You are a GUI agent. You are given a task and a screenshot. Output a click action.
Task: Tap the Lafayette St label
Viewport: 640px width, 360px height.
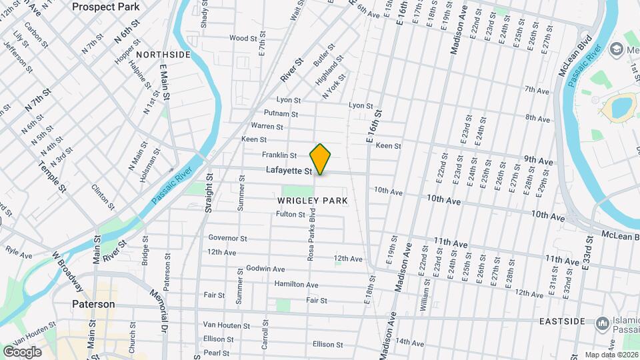[289, 171]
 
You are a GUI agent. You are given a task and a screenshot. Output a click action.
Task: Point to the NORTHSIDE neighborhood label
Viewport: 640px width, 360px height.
[163, 54]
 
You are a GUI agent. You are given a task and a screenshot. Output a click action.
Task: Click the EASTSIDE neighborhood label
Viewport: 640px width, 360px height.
[561, 321]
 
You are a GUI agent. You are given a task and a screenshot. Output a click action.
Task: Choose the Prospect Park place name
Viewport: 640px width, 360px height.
[106, 7]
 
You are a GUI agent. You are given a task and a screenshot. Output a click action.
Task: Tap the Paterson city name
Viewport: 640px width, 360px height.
[93, 304]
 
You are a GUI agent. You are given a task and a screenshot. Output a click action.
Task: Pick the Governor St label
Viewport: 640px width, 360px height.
[227, 238]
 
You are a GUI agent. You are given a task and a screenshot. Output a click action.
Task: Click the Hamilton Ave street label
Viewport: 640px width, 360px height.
[296, 285]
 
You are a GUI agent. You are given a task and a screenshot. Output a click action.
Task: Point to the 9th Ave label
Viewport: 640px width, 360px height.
[539, 161]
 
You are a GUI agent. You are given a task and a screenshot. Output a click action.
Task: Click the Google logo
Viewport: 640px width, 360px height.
[22, 351]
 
